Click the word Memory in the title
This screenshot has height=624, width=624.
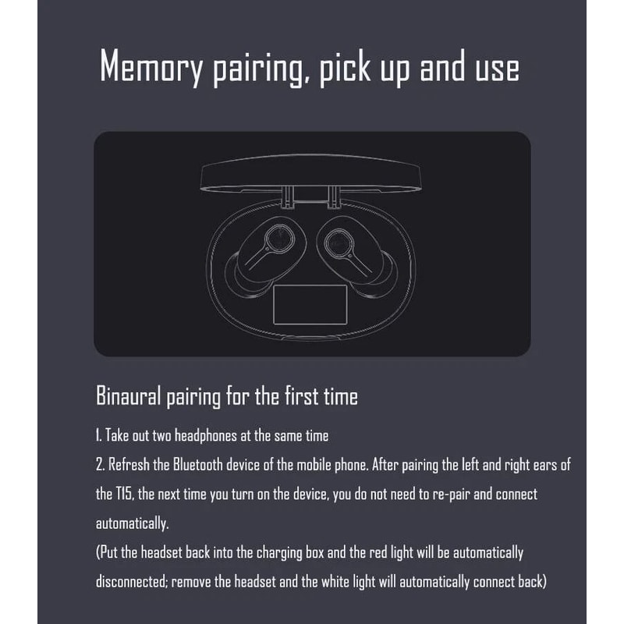click(151, 66)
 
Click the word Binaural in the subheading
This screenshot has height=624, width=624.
click(128, 396)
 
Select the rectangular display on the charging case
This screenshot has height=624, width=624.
click(310, 304)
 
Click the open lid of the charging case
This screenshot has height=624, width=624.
click(310, 174)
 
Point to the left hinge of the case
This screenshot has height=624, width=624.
click(287, 197)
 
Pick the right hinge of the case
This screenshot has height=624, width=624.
click(334, 197)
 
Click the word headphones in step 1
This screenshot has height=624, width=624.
click(206, 436)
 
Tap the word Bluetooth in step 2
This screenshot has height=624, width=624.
click(198, 465)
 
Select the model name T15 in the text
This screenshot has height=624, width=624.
click(123, 495)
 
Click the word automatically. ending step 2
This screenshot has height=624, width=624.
click(132, 523)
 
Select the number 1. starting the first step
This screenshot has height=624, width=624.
click(99, 436)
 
